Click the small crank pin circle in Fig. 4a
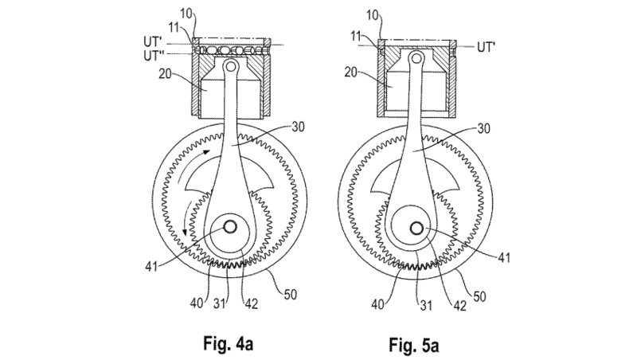(x=230, y=227)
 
